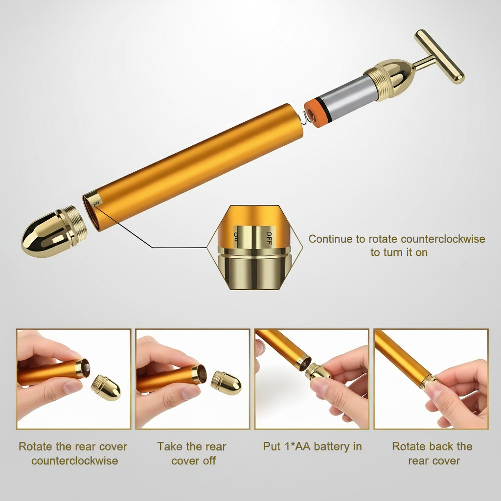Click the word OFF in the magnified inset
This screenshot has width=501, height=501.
click(x=269, y=237)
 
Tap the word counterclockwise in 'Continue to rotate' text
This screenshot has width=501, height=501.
click(x=443, y=239)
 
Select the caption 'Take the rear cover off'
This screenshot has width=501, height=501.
click(x=192, y=454)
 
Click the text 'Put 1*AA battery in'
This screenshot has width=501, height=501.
click(x=312, y=447)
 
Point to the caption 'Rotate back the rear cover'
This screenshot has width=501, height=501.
click(x=432, y=454)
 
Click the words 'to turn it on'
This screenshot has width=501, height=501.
click(x=399, y=252)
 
